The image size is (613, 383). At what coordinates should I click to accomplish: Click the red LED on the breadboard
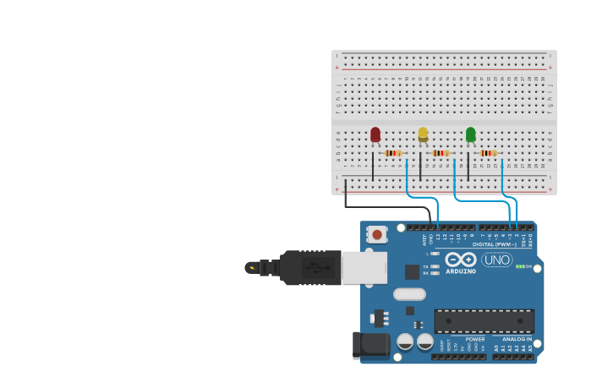coord(375,134)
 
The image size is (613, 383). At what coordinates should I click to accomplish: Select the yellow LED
coord(423,134)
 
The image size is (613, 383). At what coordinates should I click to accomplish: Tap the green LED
coord(471,134)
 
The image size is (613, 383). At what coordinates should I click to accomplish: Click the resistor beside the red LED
coord(393,153)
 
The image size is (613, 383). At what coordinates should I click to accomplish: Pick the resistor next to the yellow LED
coord(441,153)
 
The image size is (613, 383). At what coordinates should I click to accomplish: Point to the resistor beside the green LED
coord(488,153)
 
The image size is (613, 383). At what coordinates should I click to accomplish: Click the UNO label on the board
coord(497,260)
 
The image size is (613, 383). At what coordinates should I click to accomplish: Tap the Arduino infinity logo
coord(461,259)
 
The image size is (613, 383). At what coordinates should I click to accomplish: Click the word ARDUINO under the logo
coord(461,271)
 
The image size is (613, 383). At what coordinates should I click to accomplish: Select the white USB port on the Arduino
coord(364,267)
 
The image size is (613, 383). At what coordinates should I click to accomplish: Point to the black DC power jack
coord(370,344)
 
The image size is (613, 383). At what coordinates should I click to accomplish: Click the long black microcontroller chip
coord(484,320)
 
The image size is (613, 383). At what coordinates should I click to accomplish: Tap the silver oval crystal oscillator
coord(409,294)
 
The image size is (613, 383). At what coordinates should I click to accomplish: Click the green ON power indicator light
coord(521,266)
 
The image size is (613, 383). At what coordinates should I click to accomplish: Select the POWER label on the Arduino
coord(475,339)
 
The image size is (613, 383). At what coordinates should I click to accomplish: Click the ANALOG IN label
coord(517,339)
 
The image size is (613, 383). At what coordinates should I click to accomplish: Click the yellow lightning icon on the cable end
coord(251,267)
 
